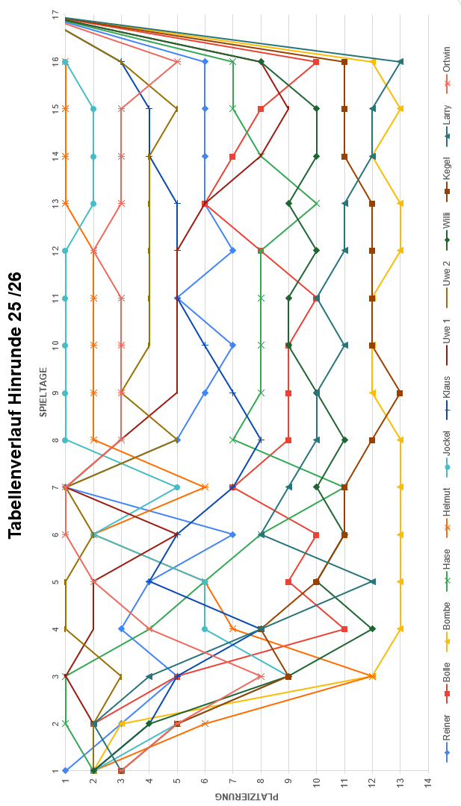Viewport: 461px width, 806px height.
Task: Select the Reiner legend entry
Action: pos(446,735)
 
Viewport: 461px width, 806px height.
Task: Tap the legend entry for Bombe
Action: pos(446,620)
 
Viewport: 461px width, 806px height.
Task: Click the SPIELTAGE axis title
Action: pos(43,392)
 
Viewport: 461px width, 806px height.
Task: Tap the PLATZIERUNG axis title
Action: pos(247,796)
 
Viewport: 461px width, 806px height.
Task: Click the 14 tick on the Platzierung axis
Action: pos(428,781)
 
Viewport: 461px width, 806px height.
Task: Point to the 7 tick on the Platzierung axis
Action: pos(232,781)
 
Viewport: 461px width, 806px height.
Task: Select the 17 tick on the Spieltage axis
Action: pos(55,14)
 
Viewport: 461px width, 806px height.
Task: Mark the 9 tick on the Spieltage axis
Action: pos(55,393)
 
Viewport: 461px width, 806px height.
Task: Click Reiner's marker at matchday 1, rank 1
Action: pos(66,770)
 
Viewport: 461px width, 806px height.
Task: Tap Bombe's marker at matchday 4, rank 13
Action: pos(400,628)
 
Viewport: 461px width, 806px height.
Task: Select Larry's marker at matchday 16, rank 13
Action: pos(400,61)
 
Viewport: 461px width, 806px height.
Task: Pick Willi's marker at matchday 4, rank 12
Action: pos(372,628)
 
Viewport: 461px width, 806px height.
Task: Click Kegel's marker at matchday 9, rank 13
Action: pos(400,393)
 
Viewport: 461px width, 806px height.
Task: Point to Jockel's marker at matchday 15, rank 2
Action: pos(93,108)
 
